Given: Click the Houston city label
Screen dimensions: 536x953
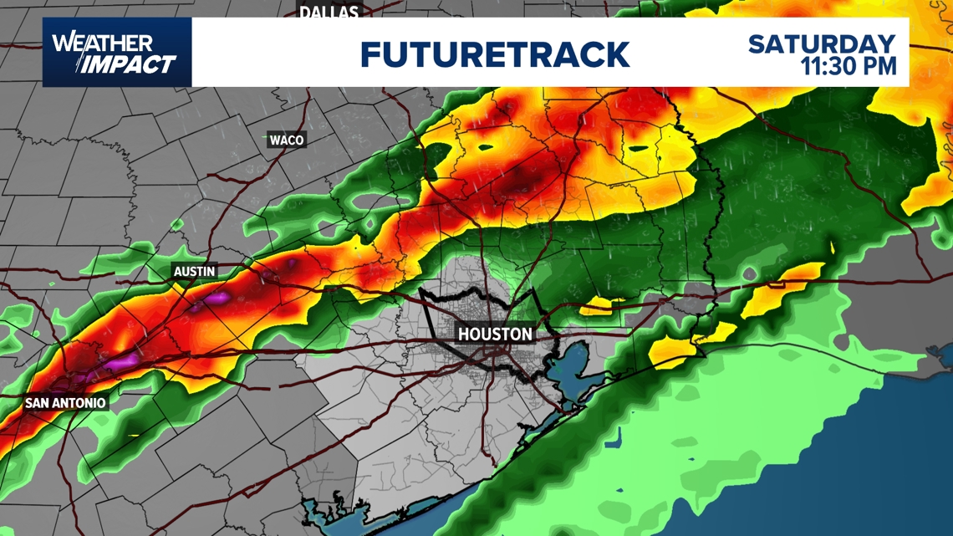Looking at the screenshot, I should pos(495,334).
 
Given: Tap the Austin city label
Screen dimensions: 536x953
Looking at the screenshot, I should pos(194,271).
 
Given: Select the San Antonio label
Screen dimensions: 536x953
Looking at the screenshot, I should pos(65,403).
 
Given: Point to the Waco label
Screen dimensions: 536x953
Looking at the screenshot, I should pos(286,140).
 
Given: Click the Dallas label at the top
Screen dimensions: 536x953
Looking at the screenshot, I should pos(329,11).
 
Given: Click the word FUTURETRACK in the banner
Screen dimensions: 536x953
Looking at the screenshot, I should pos(494,54).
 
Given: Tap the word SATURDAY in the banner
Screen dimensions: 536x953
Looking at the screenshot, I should pos(822,43).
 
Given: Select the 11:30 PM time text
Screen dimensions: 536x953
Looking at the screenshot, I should pos(849,66).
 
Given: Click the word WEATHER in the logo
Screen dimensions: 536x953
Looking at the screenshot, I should pos(102,43).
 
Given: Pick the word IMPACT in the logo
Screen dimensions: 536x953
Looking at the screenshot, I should pos(130,64).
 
